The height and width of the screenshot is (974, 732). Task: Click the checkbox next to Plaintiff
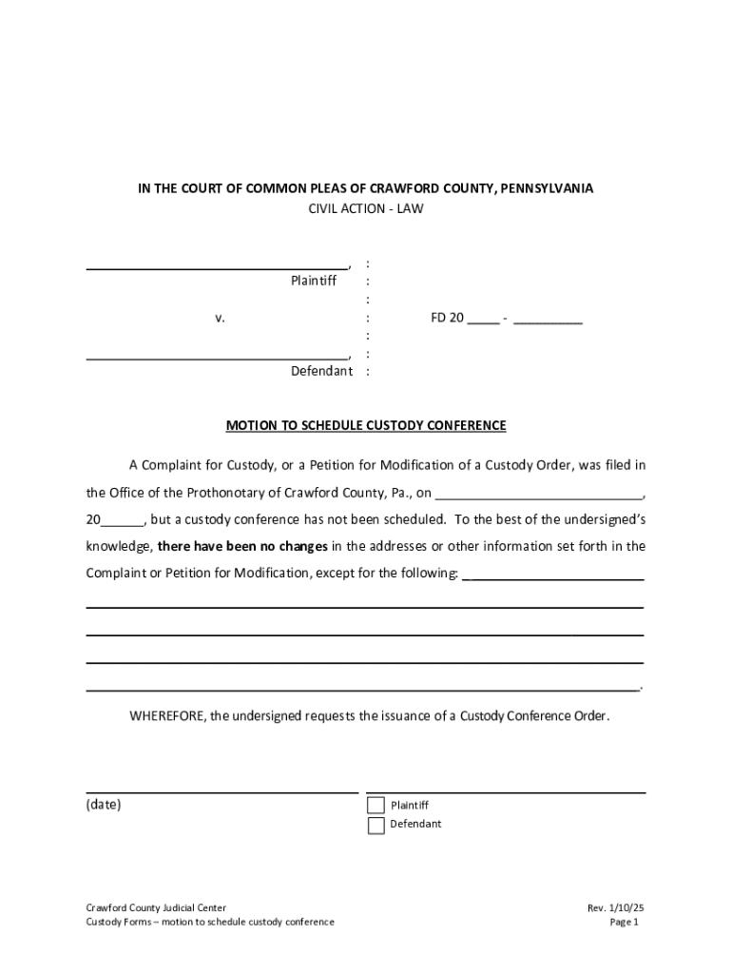376,806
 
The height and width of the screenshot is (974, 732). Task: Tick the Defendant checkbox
376,825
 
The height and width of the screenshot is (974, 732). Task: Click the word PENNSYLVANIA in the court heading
545,188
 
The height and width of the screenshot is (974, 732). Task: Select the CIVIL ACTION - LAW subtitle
365,208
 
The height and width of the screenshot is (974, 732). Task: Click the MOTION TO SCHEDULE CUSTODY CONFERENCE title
365,426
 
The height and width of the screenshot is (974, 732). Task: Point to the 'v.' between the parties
220,319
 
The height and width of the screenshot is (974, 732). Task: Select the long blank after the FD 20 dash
548,321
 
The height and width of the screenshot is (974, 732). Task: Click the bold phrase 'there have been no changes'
242,547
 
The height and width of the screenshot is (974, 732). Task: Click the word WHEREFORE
167,716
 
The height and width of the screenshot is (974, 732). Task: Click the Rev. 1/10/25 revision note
616,908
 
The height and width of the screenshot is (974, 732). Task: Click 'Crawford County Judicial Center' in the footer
156,908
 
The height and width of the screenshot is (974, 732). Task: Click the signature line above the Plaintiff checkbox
506,791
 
